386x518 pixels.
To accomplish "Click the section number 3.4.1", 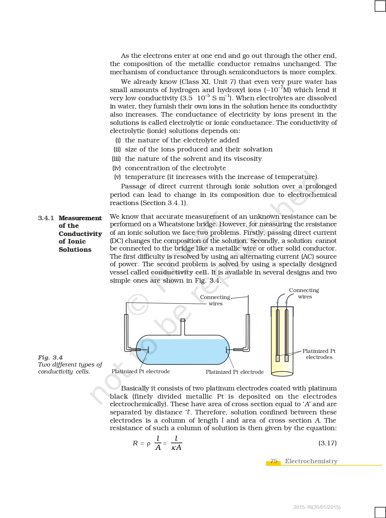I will [x=46, y=218].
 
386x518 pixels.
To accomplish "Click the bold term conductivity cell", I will [x=180, y=272].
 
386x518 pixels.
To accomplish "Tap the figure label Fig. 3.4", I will [x=50, y=357].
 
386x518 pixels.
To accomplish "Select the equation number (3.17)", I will [x=327, y=443].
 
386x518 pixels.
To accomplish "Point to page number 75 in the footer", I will [x=274, y=461].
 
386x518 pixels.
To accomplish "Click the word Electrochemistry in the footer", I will [x=311, y=461].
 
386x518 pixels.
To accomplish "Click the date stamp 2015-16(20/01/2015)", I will [x=317, y=507].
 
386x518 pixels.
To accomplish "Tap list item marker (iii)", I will [x=116, y=159].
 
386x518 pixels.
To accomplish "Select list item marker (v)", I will [x=117, y=177].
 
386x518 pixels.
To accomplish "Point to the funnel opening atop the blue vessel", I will [x=183, y=320].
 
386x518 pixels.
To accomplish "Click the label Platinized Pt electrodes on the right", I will [x=319, y=354].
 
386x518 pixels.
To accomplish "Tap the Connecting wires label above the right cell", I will [x=304, y=293].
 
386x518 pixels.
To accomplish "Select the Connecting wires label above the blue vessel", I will [x=215, y=300].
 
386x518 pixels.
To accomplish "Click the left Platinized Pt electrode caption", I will [x=141, y=371].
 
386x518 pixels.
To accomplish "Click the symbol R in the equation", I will [x=135, y=443].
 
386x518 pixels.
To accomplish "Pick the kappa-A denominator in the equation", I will [x=176, y=448].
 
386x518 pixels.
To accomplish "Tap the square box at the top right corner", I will [x=380, y=6].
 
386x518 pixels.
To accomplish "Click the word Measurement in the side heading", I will [x=80, y=218].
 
